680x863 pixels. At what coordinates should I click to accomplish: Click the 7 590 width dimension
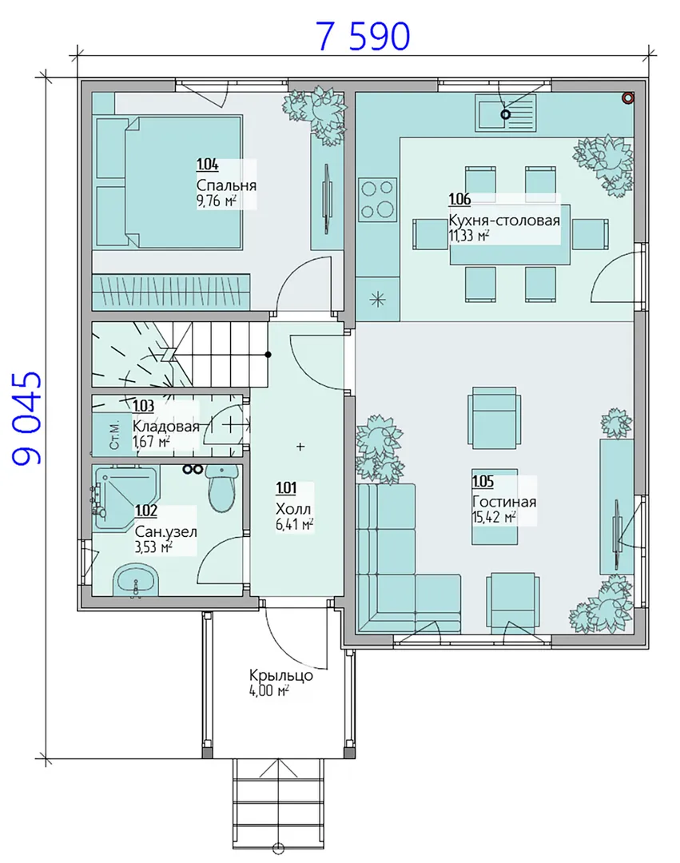[363, 36]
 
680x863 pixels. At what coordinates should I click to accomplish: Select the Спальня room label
[226, 185]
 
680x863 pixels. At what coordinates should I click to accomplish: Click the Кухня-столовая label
[504, 221]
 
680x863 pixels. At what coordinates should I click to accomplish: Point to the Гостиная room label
[504, 501]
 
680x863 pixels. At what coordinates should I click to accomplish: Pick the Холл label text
[293, 508]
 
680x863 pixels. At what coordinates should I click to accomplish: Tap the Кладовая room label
[165, 426]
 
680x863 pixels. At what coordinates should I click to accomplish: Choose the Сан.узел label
[165, 531]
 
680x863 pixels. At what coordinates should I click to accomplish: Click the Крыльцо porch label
[281, 675]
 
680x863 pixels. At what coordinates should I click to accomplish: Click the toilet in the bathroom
[222, 487]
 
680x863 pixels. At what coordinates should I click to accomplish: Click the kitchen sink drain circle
[505, 114]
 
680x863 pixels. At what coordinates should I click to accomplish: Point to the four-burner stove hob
[377, 199]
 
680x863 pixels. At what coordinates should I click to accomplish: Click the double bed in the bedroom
[169, 181]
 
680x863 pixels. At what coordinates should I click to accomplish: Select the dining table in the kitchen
[510, 234]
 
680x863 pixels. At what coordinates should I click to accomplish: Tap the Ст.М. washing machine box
[114, 434]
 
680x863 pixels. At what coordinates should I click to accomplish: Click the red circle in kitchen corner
[628, 98]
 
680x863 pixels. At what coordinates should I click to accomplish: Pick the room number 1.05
[483, 481]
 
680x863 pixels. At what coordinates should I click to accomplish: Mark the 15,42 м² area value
[494, 517]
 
